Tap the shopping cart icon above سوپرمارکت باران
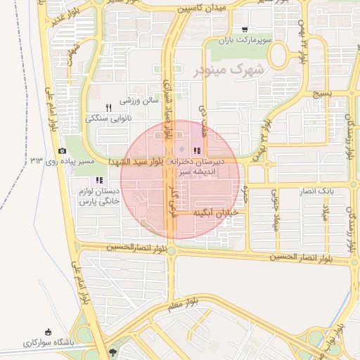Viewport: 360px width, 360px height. (244, 30)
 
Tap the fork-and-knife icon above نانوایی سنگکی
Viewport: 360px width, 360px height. (108, 108)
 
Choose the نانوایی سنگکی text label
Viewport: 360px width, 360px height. (108, 118)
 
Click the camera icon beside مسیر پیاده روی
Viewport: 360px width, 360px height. (62, 151)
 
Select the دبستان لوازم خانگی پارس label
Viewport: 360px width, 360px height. (98, 196)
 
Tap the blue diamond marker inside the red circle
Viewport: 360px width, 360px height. (181, 150)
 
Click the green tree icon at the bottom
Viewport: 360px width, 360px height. (114, 349)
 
